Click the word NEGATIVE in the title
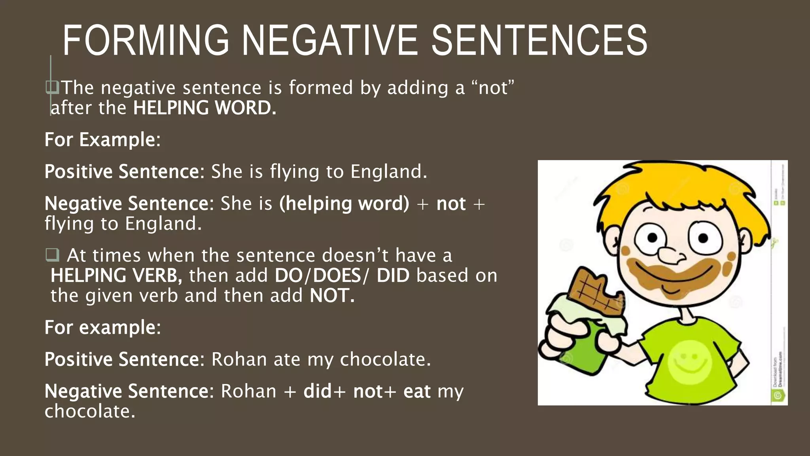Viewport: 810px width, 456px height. click(329, 40)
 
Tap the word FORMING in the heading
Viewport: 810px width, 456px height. click(146, 40)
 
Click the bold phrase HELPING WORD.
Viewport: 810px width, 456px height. click(204, 108)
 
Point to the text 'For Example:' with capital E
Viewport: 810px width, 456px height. click(102, 140)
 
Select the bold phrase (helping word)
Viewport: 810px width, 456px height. click(344, 204)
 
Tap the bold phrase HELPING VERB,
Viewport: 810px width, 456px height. click(116, 275)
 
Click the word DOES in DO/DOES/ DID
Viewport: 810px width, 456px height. click(337, 275)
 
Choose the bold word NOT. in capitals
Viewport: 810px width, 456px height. click(332, 296)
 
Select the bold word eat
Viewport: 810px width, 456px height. click(417, 391)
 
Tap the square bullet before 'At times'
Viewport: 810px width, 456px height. click(52, 255)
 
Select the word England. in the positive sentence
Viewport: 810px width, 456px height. click(389, 172)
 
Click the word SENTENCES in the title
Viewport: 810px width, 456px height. click(539, 40)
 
